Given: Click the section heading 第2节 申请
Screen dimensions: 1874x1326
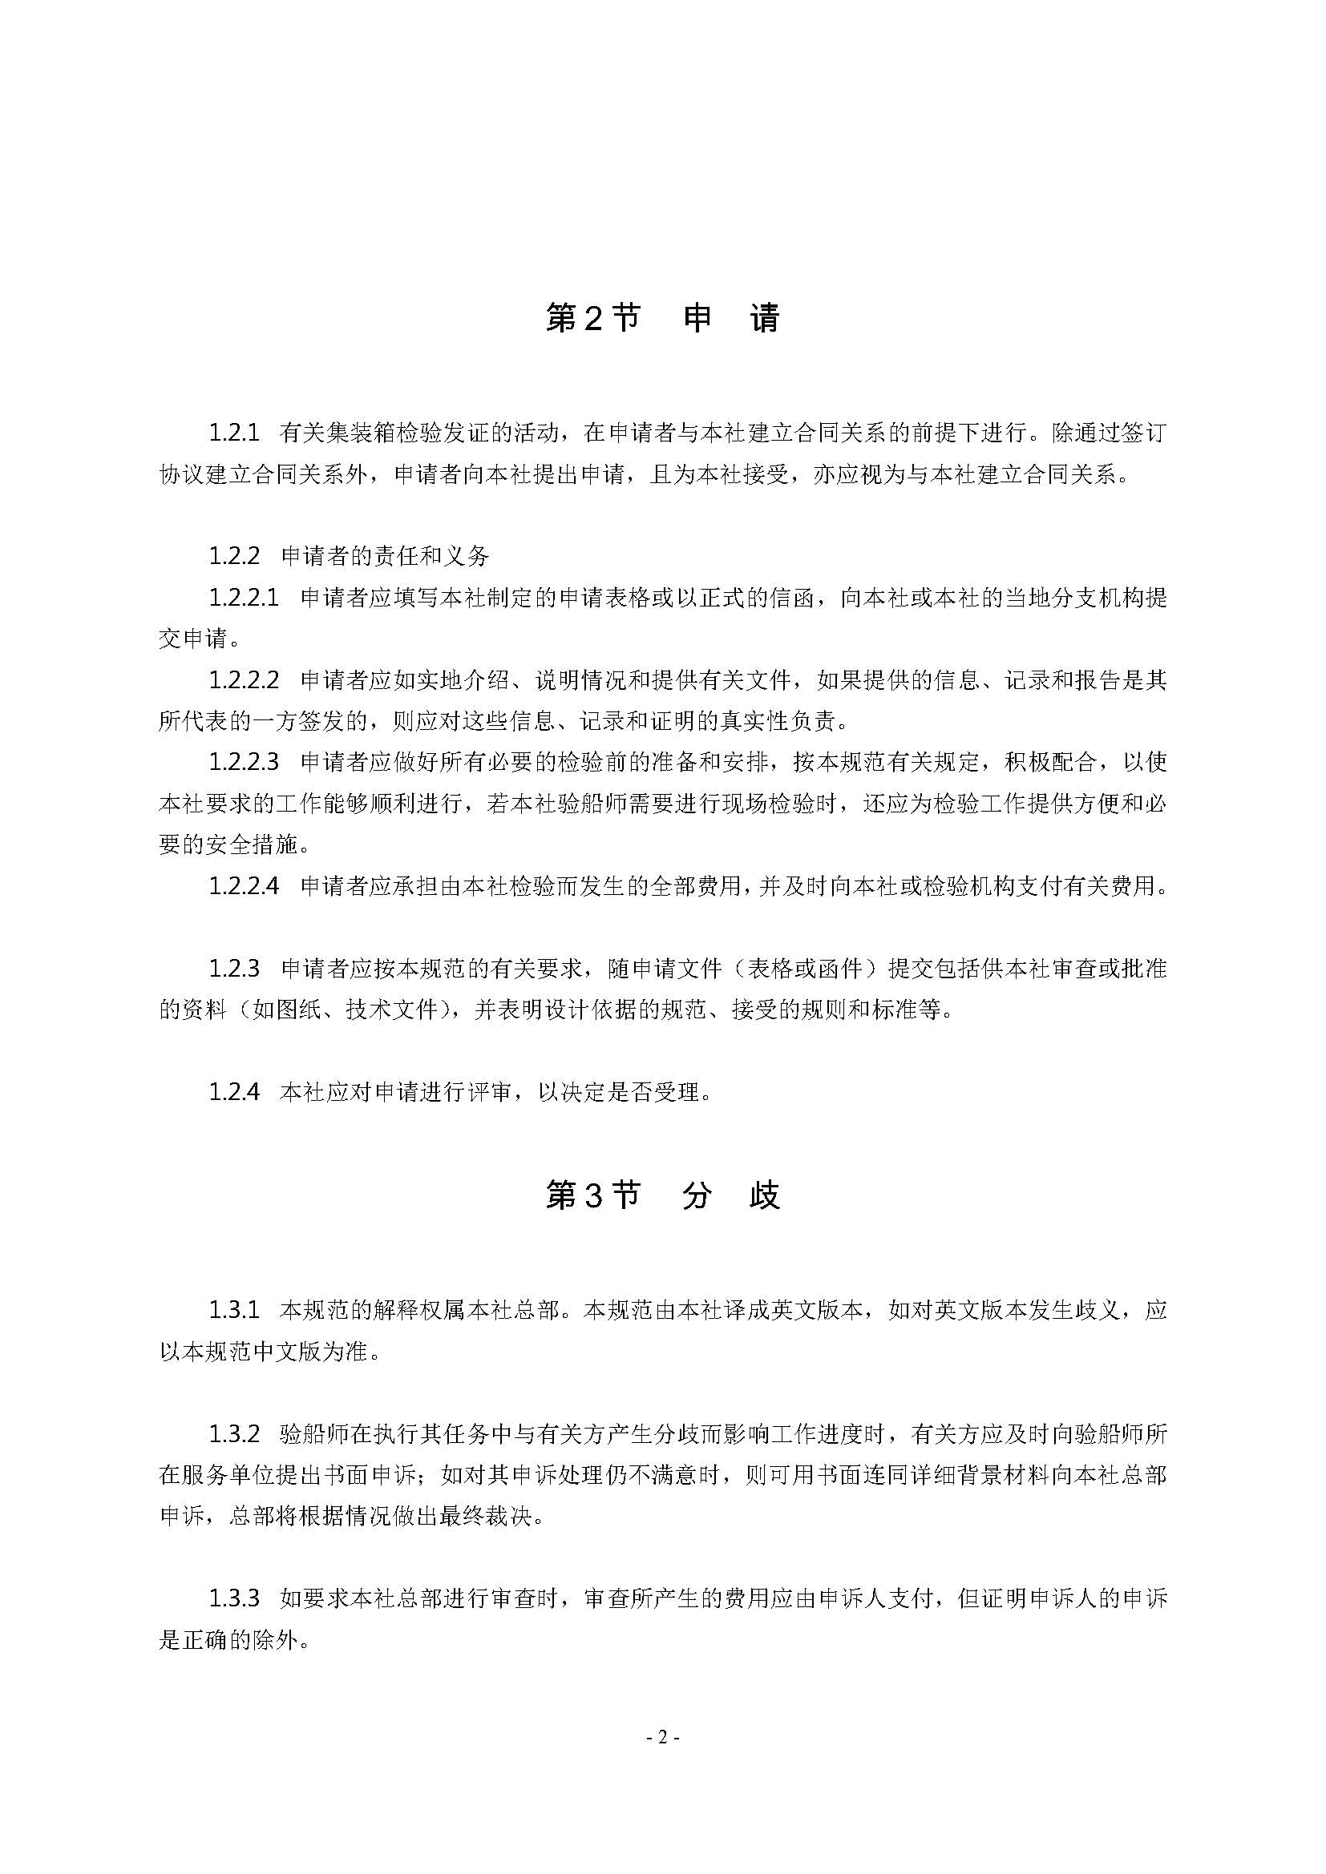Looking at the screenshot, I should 662,319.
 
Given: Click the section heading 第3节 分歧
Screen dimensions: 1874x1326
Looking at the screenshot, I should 662,1196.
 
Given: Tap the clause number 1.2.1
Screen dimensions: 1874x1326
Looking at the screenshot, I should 233,433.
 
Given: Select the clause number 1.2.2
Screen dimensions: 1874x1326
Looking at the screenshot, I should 233,557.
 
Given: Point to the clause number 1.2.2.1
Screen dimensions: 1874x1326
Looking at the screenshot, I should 244,598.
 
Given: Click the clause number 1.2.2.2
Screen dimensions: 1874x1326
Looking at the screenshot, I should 244,680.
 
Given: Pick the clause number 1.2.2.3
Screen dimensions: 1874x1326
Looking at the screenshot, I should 244,762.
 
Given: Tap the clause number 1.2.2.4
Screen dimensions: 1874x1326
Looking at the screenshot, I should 244,885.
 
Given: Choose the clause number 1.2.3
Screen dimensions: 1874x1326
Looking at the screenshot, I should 233,969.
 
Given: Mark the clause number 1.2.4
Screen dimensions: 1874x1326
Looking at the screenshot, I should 233,1092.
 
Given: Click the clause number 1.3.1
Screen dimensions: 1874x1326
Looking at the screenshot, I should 233,1311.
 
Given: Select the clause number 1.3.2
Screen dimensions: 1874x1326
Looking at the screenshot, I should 233,1434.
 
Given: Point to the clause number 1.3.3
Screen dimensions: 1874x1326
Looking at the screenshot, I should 233,1598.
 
